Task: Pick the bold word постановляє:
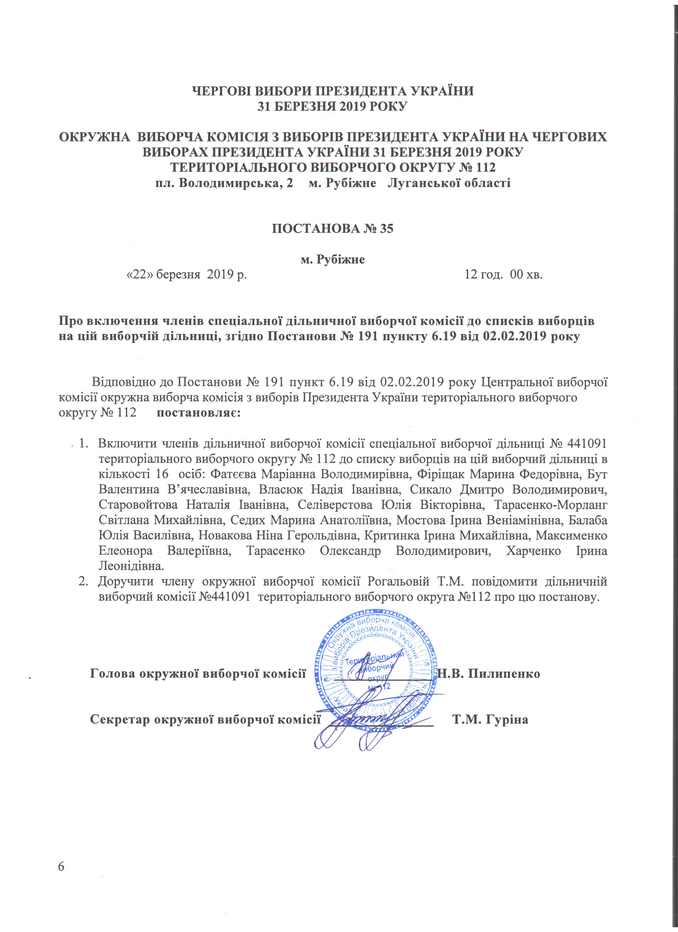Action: (199, 412)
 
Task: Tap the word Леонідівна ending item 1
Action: (131, 566)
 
